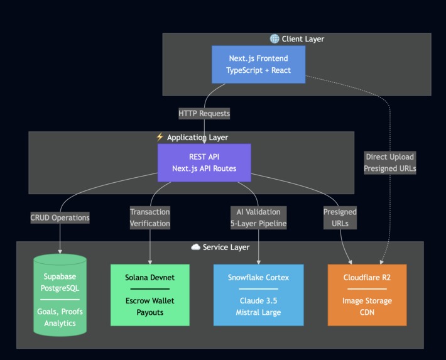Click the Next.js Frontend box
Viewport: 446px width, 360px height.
tap(258, 64)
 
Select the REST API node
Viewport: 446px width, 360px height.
tap(204, 163)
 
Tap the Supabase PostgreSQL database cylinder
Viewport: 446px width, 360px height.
tap(60, 295)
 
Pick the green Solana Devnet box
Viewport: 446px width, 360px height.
tap(150, 295)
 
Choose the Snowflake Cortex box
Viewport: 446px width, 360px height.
tap(258, 295)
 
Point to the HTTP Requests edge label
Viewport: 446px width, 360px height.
tap(204, 114)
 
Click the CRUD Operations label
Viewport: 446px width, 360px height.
tap(60, 217)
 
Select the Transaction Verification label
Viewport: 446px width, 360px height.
tap(150, 217)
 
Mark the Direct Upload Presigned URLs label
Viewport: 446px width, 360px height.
tap(390, 162)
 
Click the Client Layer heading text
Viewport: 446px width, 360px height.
tap(303, 39)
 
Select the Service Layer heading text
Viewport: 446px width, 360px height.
tap(226, 248)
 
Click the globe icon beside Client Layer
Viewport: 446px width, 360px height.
tap(275, 39)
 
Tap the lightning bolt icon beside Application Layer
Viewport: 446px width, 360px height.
tap(160, 137)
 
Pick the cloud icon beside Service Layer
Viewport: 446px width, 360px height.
tap(195, 248)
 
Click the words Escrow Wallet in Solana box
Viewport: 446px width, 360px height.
tap(150, 300)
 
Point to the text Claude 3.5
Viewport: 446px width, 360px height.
tap(258, 300)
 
